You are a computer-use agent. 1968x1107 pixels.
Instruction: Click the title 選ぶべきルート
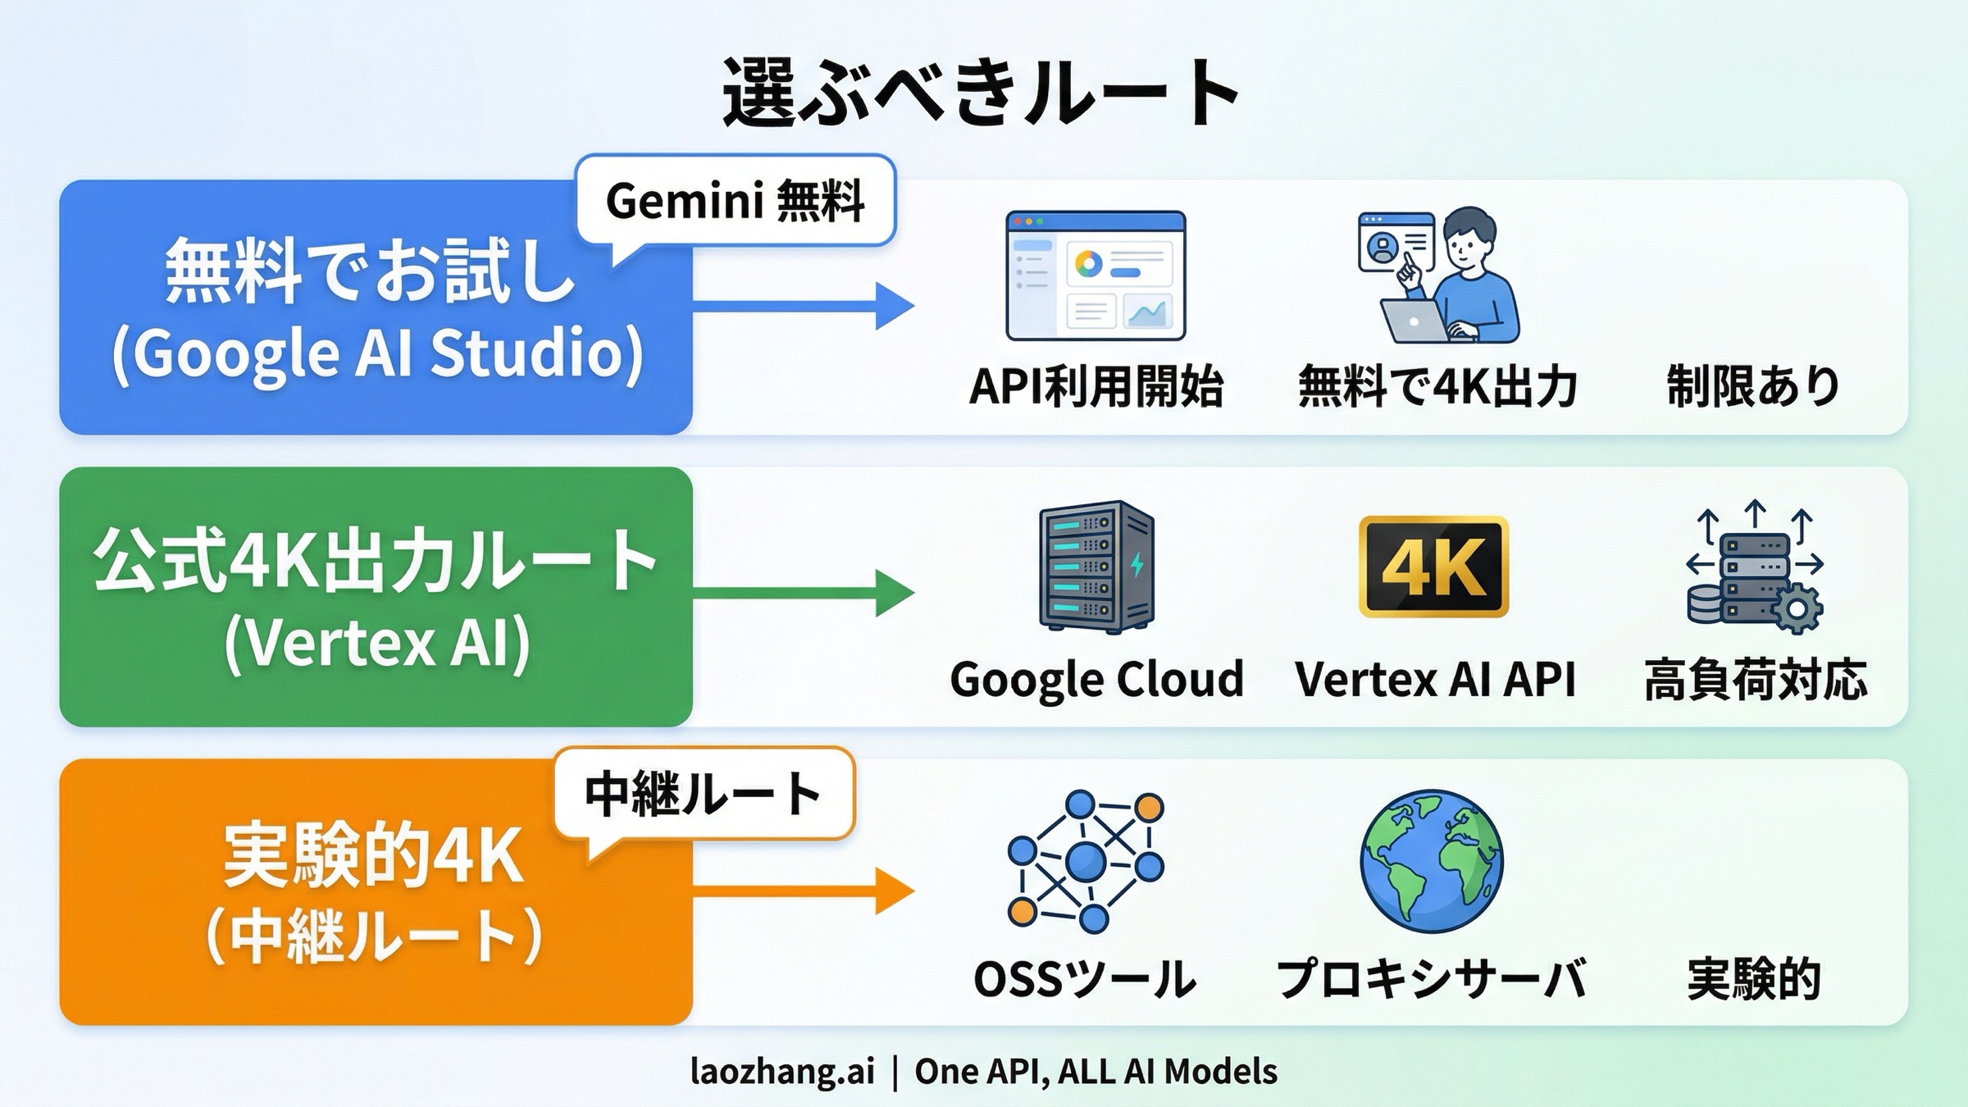pos(981,93)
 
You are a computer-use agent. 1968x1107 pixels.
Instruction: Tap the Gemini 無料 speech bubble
pos(736,200)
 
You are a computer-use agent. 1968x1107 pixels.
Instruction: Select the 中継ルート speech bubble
pos(704,793)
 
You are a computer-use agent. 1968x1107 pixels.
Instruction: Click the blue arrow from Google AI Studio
pos(804,306)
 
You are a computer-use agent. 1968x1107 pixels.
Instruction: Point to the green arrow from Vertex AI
pos(804,593)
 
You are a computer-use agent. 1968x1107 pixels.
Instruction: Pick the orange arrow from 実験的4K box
pos(804,891)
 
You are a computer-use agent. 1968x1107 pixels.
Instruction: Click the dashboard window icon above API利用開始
pos(1096,276)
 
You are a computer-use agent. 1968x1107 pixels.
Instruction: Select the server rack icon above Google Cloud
pos(1096,567)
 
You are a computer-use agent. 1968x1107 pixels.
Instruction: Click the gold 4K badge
pos(1433,567)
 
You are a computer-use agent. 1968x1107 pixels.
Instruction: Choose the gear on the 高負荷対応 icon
pos(1797,608)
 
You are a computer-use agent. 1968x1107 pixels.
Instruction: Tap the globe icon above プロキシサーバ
pos(1432,861)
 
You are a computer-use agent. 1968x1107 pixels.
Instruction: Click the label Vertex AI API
pos(1435,679)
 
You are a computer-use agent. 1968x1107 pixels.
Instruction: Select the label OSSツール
pos(1085,979)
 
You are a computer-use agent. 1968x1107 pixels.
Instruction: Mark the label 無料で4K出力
pos(1437,386)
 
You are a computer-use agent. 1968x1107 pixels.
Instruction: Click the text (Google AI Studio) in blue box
pos(377,353)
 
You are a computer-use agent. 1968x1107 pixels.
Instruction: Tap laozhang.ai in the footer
pos(782,1071)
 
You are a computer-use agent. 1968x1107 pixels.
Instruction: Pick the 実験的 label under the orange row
pos(1754,979)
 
